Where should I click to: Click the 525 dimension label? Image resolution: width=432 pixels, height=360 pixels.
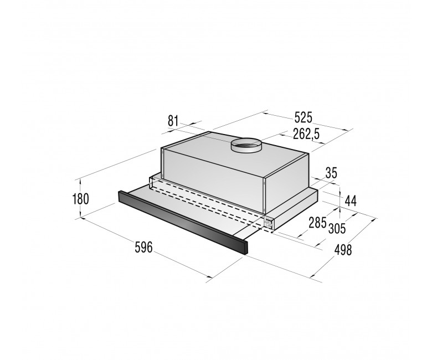[304, 117]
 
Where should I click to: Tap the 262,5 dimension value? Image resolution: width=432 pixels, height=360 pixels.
[306, 134]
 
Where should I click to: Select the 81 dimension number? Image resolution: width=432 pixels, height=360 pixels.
[173, 121]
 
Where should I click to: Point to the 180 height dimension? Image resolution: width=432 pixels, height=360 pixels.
[80, 199]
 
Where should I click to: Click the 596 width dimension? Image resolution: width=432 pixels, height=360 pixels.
[143, 247]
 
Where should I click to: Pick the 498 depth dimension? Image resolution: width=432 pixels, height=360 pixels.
[343, 250]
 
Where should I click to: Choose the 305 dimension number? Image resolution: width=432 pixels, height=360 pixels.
[337, 228]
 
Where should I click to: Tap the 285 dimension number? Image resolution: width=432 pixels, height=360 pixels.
[317, 223]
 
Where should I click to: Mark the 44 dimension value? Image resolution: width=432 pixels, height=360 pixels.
[351, 201]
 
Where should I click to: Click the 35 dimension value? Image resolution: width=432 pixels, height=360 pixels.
[331, 173]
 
